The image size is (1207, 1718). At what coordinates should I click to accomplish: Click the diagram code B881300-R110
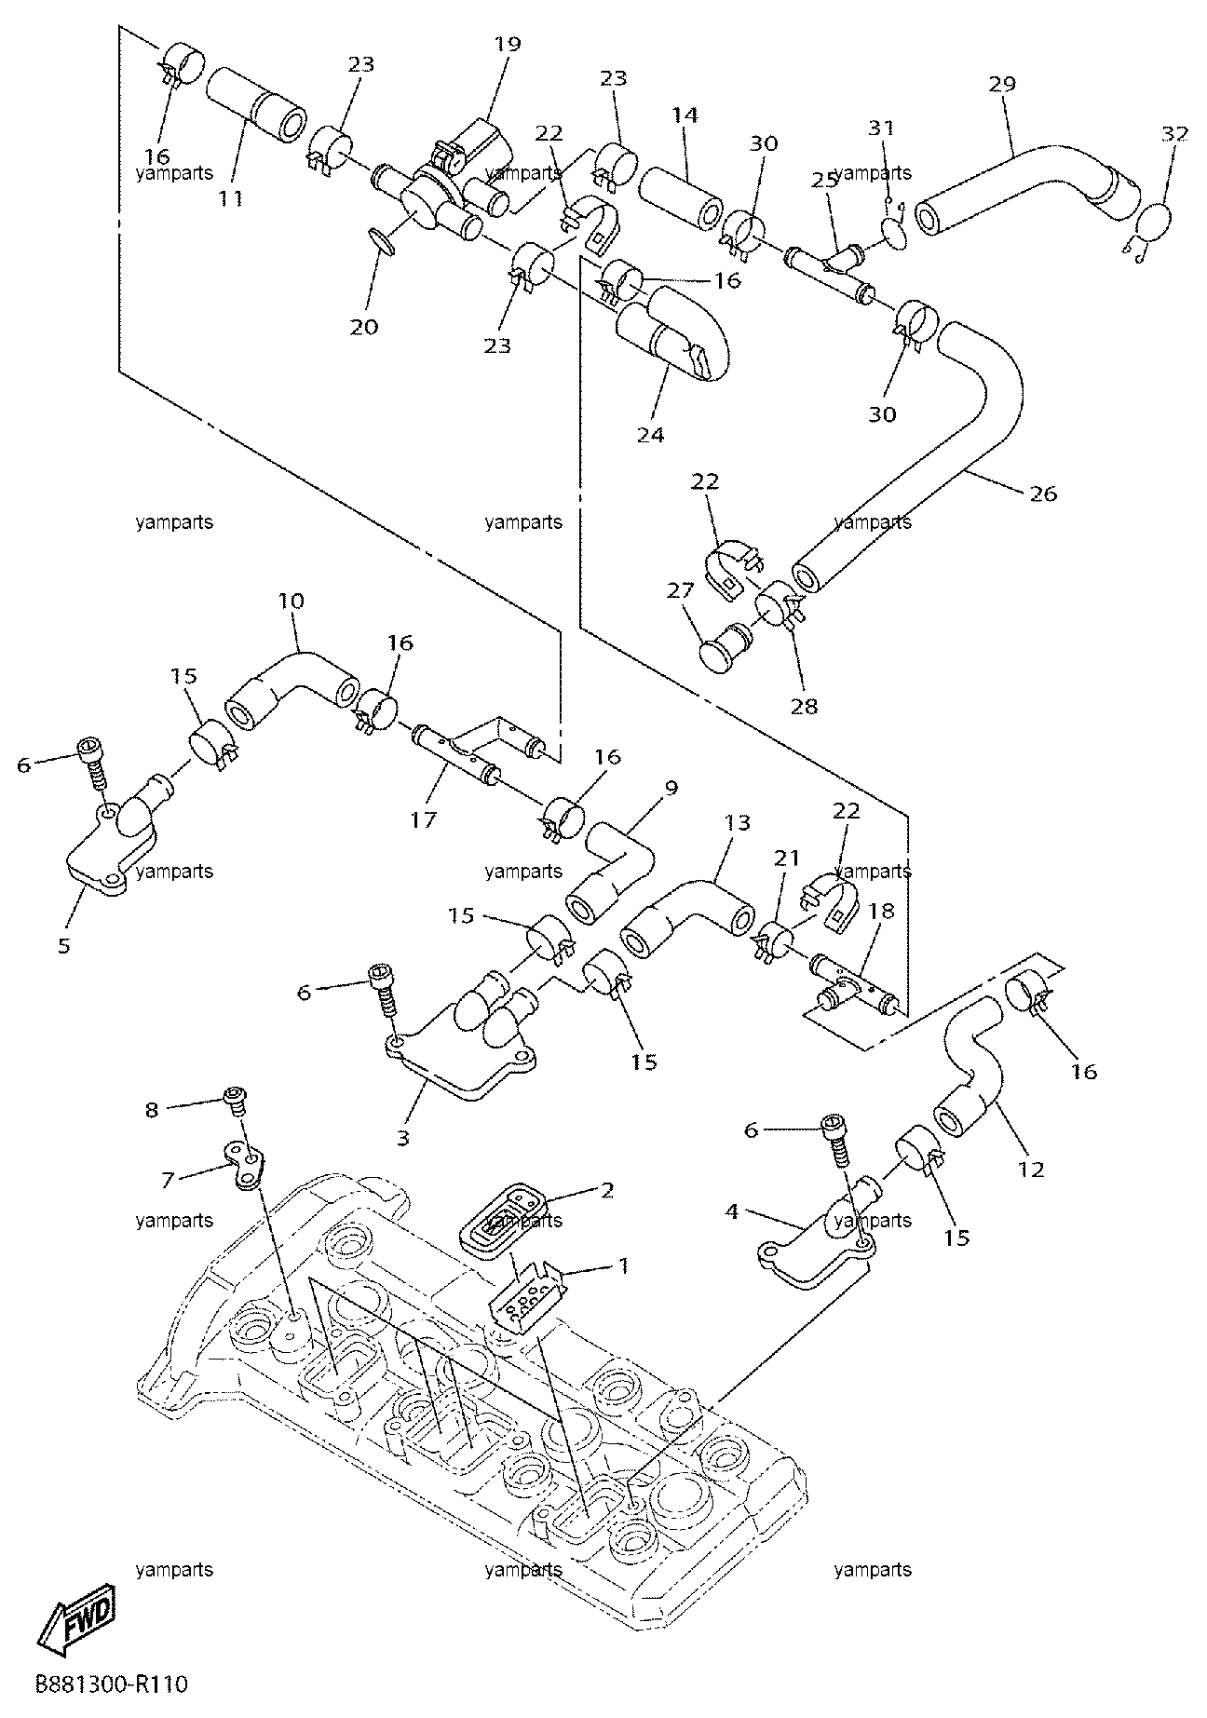[112, 1684]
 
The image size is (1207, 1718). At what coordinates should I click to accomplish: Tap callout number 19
[509, 44]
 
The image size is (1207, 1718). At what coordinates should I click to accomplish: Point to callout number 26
[1044, 494]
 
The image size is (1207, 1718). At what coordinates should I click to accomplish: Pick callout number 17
[424, 820]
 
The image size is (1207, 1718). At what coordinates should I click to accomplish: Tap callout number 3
[402, 1137]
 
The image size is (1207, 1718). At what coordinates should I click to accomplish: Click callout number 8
[152, 1108]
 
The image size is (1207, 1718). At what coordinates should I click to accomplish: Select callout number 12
[1031, 1169]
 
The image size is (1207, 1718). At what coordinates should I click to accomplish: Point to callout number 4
[732, 1211]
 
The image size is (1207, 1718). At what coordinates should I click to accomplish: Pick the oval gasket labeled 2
[509, 1216]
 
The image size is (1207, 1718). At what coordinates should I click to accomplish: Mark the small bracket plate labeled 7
[245, 1164]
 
